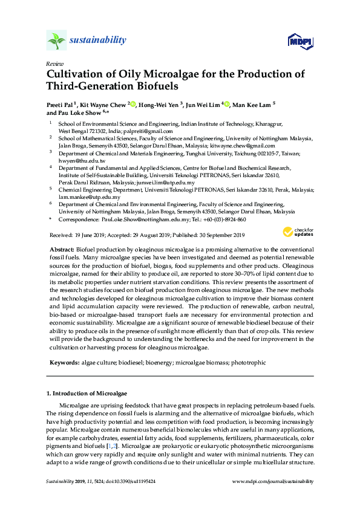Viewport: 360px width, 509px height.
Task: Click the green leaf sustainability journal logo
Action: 56,41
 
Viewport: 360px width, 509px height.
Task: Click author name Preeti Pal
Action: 61,105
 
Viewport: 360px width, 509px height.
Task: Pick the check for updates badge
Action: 298,232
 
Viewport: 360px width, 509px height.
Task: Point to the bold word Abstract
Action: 61,250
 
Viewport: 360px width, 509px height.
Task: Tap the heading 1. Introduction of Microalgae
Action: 86,393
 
